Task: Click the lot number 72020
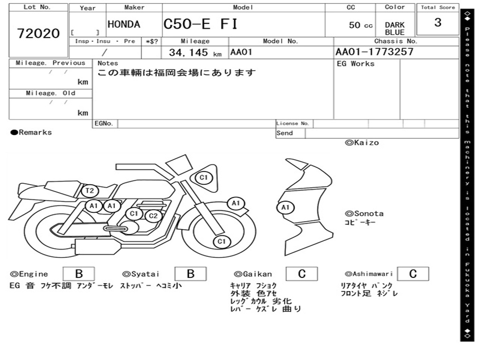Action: [x=38, y=33]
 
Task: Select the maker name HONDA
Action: [x=124, y=24]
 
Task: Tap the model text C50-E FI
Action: [x=201, y=24]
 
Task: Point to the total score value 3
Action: [x=438, y=22]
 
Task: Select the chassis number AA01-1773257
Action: [x=375, y=52]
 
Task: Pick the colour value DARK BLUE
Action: [x=395, y=29]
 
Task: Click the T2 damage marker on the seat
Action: [x=90, y=191]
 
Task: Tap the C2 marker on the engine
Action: [x=153, y=216]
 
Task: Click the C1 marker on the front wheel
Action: [x=222, y=242]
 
